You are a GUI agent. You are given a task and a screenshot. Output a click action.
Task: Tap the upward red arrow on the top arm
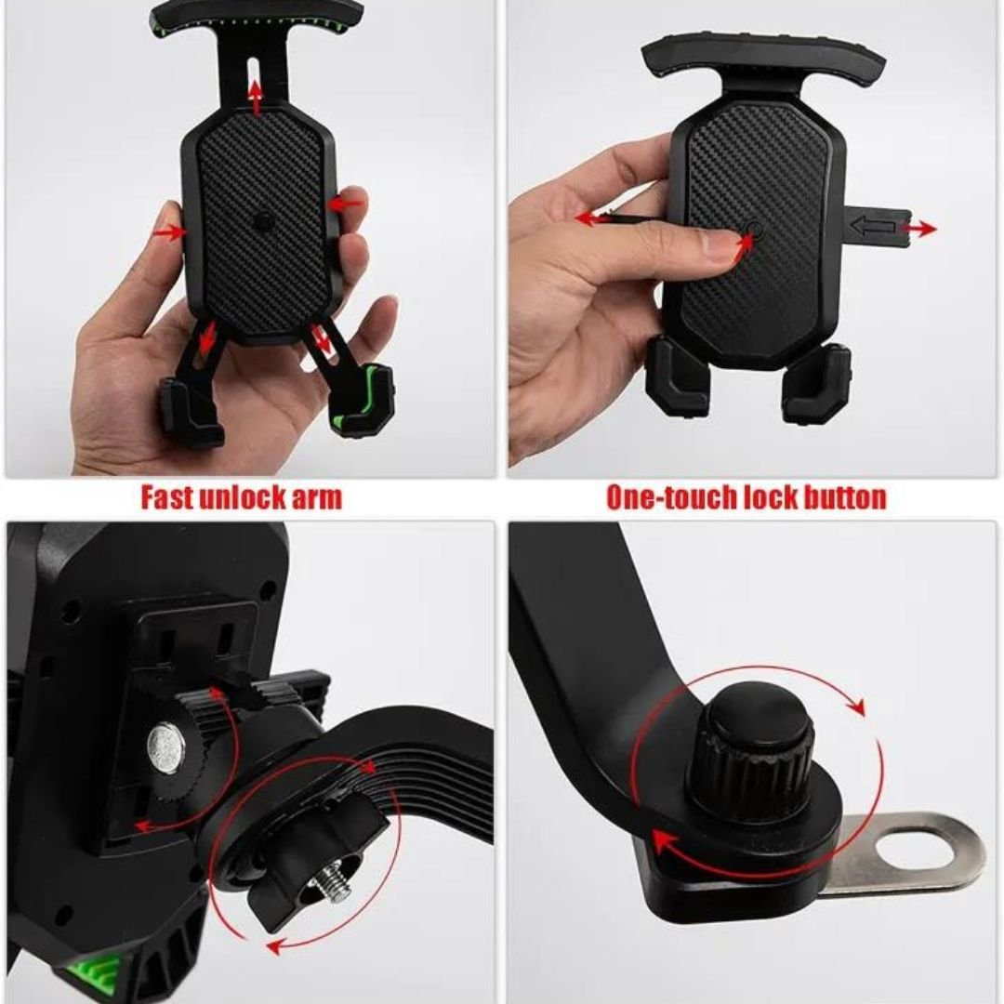click(x=256, y=97)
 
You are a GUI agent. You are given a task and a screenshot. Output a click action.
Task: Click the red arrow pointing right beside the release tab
click(x=919, y=228)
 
